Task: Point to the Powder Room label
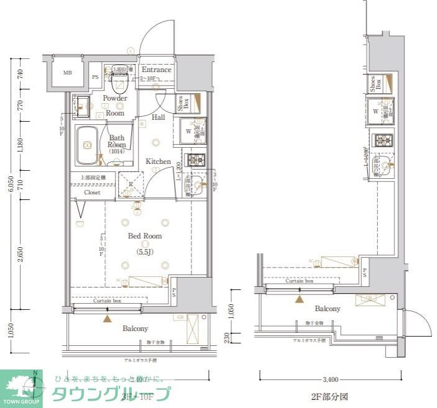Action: click(115, 106)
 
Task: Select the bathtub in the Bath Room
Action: click(86, 146)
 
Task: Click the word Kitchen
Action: click(158, 161)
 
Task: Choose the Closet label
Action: click(92, 193)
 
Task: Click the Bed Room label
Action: click(145, 236)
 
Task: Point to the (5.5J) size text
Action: click(145, 252)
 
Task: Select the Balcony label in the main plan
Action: click(135, 329)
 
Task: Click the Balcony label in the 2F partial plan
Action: click(327, 309)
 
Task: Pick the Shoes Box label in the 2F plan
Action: click(376, 84)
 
